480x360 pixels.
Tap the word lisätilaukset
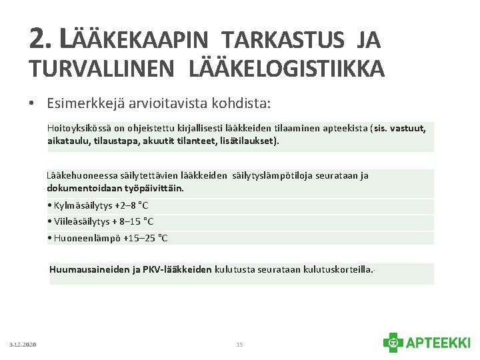click(247, 141)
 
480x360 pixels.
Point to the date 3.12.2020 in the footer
click(23, 345)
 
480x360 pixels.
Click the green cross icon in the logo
click(393, 343)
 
